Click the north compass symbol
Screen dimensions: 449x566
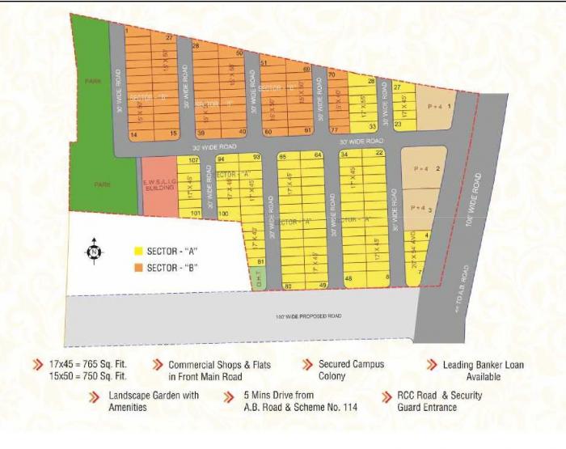(x=95, y=252)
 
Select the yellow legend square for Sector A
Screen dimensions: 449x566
(x=139, y=252)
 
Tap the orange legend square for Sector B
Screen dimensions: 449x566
(x=139, y=268)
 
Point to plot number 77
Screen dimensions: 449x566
(x=334, y=129)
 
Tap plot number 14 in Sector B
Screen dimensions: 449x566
(x=134, y=133)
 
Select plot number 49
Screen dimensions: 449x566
(x=321, y=286)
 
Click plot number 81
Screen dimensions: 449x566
(x=260, y=261)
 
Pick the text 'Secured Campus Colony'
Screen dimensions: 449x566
(x=350, y=370)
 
